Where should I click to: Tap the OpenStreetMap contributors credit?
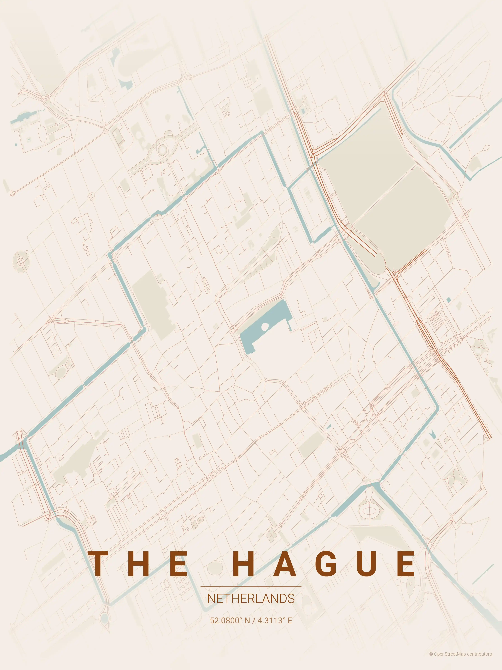pyautogui.click(x=460, y=660)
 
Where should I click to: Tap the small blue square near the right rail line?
pyautogui.click(x=448, y=300)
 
